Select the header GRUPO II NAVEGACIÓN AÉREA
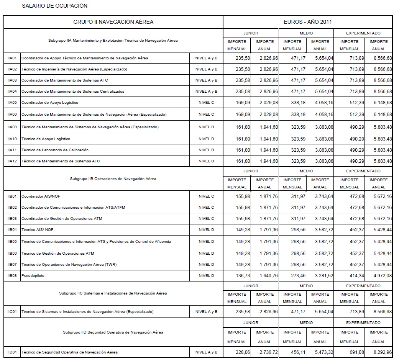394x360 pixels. tap(113, 22)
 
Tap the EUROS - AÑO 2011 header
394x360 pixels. tap(307, 22)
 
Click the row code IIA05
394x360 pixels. tap(12, 103)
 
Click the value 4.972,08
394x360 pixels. tap(380, 276)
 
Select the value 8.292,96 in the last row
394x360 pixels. tap(380, 352)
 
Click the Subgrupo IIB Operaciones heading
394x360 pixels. tap(113, 179)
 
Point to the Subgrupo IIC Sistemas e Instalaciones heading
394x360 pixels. tap(113, 293)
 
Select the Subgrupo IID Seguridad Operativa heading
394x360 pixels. tap(113, 332)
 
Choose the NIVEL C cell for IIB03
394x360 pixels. tap(206, 219)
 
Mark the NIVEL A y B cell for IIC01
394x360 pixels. tap(206, 312)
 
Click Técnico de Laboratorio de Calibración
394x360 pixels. tap(55, 150)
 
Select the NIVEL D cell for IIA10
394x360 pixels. tap(206, 139)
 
